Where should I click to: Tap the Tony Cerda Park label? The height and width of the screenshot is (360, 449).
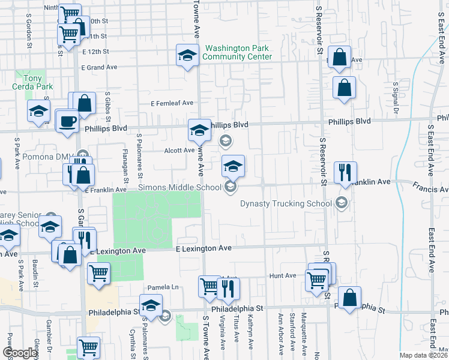(x=26, y=82)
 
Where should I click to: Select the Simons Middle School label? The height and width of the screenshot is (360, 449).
(x=180, y=188)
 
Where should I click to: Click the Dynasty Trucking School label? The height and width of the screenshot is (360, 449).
(x=286, y=203)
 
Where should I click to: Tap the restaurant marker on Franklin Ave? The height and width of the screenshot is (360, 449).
(x=345, y=172)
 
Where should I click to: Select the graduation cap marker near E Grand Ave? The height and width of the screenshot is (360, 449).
(x=187, y=56)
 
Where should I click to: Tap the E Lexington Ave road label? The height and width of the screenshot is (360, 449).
(x=203, y=248)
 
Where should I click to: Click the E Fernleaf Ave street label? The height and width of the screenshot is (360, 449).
(x=172, y=103)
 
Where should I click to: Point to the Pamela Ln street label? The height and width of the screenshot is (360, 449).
(x=167, y=287)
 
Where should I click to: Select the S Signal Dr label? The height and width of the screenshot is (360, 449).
(x=396, y=97)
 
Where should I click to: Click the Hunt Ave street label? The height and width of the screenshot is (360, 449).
(x=283, y=276)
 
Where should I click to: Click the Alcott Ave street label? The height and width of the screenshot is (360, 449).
(x=180, y=151)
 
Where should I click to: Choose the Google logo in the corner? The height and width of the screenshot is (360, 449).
(x=20, y=353)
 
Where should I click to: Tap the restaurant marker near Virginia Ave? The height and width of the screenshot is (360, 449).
(x=228, y=290)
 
